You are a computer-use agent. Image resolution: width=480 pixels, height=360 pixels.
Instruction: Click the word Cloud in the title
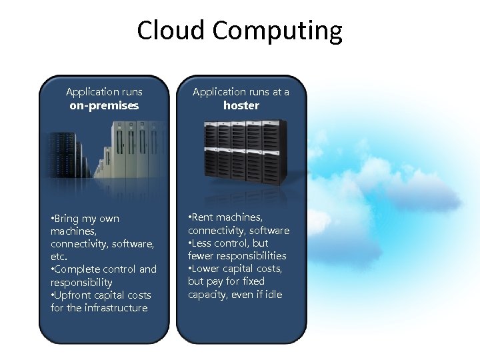[x=171, y=31]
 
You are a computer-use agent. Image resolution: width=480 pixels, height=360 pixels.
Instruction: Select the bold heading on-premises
[x=104, y=105]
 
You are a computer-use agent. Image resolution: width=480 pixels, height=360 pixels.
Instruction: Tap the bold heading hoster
[x=241, y=105]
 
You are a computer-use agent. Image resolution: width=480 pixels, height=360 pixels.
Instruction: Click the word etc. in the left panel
[x=59, y=257]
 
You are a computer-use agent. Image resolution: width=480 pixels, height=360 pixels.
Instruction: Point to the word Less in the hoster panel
[x=205, y=243]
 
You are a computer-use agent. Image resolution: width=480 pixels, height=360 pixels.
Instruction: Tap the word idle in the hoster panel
[x=273, y=294]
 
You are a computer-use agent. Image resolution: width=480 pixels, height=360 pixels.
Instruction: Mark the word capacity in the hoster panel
[x=209, y=294]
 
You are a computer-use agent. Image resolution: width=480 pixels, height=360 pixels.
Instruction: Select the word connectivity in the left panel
[x=80, y=244]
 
